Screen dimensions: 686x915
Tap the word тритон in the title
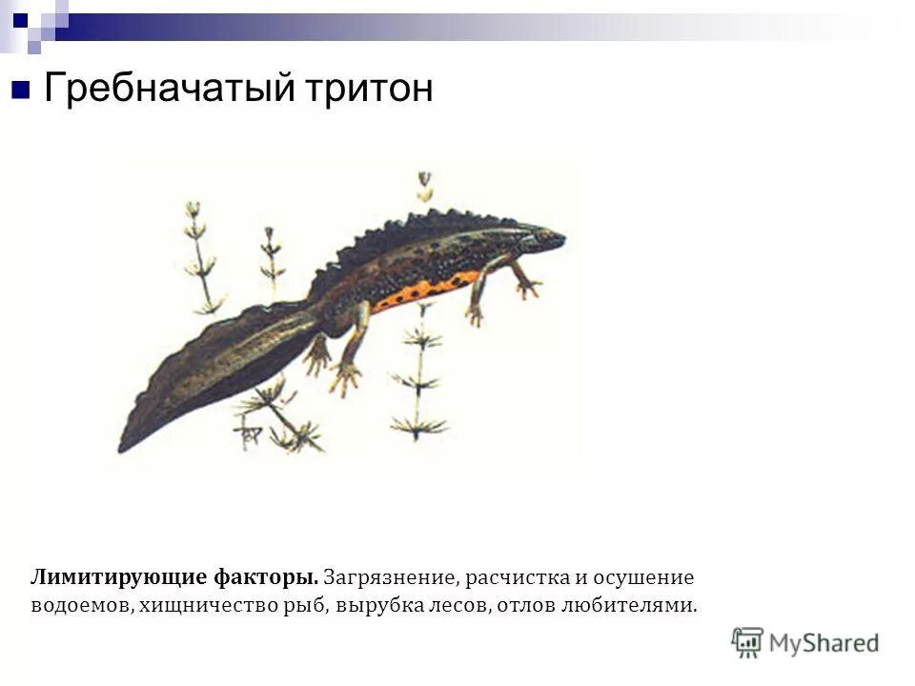[369, 90]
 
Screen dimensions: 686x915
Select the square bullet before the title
[21, 91]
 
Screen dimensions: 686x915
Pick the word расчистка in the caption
[517, 577]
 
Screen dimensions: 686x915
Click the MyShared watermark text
[823, 642]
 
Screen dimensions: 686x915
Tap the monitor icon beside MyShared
[747, 642]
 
